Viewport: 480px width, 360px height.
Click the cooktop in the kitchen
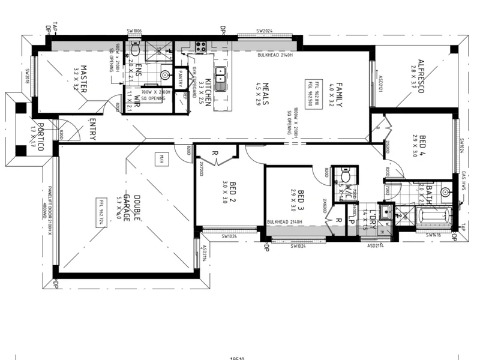[x=200, y=46]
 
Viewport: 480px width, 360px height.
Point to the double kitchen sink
[x=220, y=78]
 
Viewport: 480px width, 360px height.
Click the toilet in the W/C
[x=345, y=175]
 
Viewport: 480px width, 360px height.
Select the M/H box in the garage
[x=161, y=159]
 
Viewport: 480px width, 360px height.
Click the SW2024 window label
[x=265, y=31]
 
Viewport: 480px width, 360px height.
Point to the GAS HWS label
[x=464, y=182]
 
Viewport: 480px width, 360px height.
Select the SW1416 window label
[x=434, y=236]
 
